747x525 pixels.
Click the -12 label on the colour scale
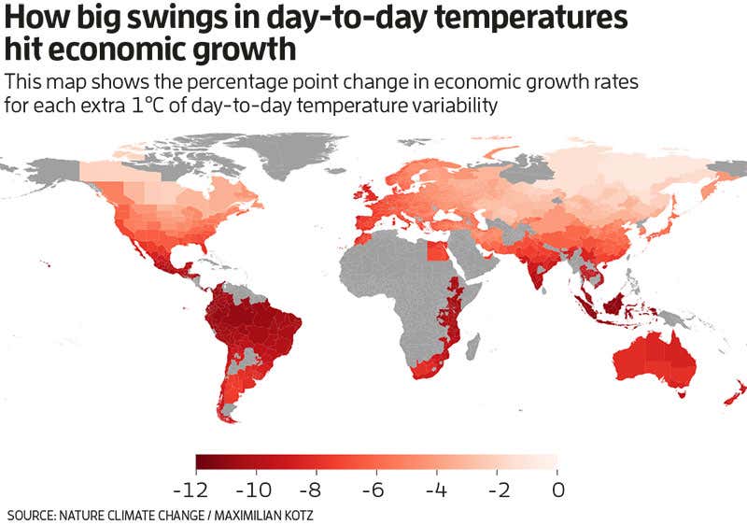[197, 489]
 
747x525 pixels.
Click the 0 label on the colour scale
[558, 489]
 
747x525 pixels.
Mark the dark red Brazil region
[257, 322]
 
